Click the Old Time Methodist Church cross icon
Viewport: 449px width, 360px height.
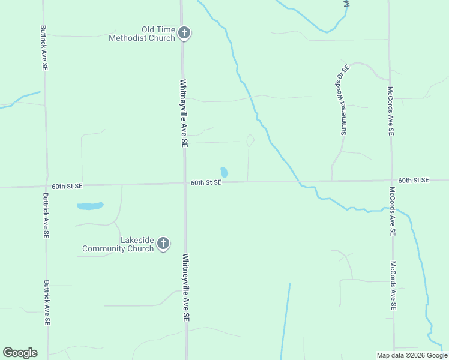pos(184,33)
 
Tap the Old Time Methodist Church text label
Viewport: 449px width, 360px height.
pos(142,34)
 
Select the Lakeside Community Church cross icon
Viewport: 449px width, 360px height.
pos(163,244)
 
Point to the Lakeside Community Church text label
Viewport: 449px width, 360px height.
pos(118,244)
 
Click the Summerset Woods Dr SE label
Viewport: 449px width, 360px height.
pos(345,99)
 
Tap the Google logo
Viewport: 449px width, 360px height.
pos(20,353)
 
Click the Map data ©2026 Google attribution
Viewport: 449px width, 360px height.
pos(412,355)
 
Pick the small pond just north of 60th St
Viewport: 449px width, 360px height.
pos(224,172)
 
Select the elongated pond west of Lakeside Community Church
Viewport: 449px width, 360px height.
pos(90,206)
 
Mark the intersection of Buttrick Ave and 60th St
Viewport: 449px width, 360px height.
pos(46,186)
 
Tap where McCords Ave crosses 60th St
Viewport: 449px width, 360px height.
pos(391,180)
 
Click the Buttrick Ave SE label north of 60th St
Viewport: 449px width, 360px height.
pos(44,47)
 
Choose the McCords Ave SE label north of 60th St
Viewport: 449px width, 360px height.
pos(390,110)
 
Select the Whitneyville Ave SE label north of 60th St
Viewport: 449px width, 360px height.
pos(184,114)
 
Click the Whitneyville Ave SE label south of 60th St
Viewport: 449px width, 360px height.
pos(186,289)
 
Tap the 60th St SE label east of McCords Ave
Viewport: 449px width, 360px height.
pos(414,180)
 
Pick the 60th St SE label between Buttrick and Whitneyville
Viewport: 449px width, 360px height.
pos(67,187)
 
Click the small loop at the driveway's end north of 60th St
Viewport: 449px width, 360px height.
pos(250,140)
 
